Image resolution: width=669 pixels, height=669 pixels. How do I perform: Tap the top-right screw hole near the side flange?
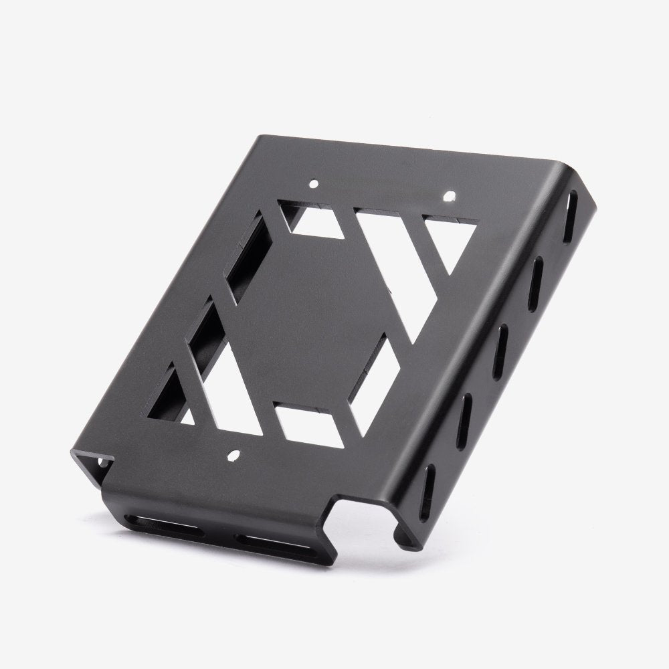pyautogui.click(x=451, y=197)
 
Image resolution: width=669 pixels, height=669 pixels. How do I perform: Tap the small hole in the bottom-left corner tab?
pyautogui.click(x=103, y=461)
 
